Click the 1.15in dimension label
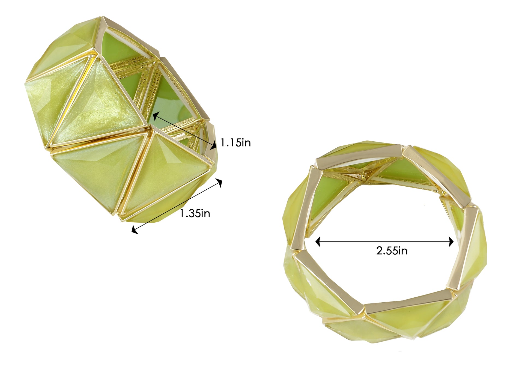(x=235, y=143)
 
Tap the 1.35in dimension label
(x=195, y=213)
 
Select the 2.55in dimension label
(x=392, y=250)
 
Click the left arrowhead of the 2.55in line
(x=318, y=242)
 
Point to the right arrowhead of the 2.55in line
(x=451, y=242)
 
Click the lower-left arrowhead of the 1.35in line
(x=135, y=230)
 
